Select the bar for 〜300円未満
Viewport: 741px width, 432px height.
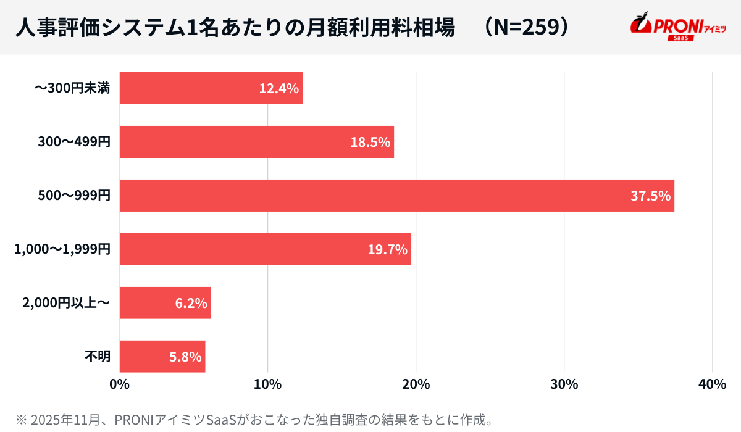(211, 88)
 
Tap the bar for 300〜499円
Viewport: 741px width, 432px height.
(256, 142)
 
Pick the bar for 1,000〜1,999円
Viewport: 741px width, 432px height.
(265, 249)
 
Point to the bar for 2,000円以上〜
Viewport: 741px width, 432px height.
(165, 303)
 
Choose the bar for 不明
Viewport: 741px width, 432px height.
(162, 357)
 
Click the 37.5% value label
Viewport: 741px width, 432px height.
(650, 196)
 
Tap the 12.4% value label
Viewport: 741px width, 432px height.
(279, 88)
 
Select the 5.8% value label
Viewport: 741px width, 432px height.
(185, 357)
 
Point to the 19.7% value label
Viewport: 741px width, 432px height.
(387, 249)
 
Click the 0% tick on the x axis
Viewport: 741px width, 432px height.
(119, 384)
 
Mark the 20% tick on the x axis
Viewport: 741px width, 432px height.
(416, 384)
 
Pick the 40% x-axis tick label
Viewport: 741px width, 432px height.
(712, 384)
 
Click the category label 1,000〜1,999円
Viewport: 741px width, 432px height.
(62, 249)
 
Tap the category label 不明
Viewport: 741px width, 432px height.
(97, 357)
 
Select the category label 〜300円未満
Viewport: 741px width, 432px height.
(72, 88)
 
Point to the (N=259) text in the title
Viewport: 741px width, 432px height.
(525, 27)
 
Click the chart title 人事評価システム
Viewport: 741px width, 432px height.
(235, 27)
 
